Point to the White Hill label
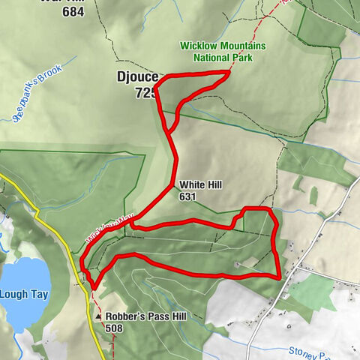200,184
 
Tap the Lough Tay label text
25,294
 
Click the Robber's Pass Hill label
142,316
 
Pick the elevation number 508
115,328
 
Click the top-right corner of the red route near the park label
228,71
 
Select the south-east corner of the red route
279,276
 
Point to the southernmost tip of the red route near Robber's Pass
94,286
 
